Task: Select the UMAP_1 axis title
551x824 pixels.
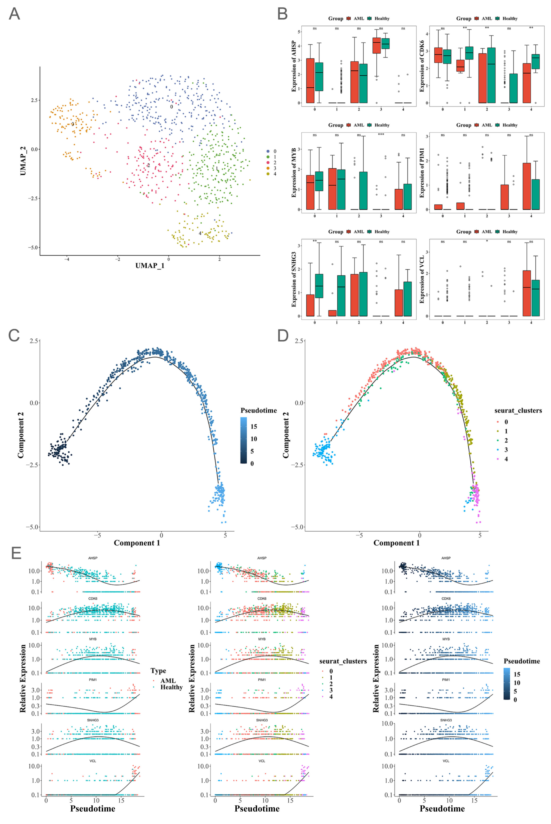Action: tap(150, 266)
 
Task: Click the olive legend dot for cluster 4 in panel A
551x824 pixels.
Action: tap(268, 174)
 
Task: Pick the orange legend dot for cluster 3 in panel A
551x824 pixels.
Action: tap(268, 168)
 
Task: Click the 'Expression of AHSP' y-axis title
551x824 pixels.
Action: tap(294, 66)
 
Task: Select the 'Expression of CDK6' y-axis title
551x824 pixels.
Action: tap(422, 66)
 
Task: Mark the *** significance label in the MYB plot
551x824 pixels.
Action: tap(381, 135)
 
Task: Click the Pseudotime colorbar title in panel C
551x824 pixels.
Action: tap(259, 410)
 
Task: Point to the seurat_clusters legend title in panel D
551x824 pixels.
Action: tap(518, 410)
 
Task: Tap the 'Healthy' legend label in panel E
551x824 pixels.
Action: tap(172, 687)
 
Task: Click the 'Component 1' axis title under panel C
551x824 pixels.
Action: tap(137, 543)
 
